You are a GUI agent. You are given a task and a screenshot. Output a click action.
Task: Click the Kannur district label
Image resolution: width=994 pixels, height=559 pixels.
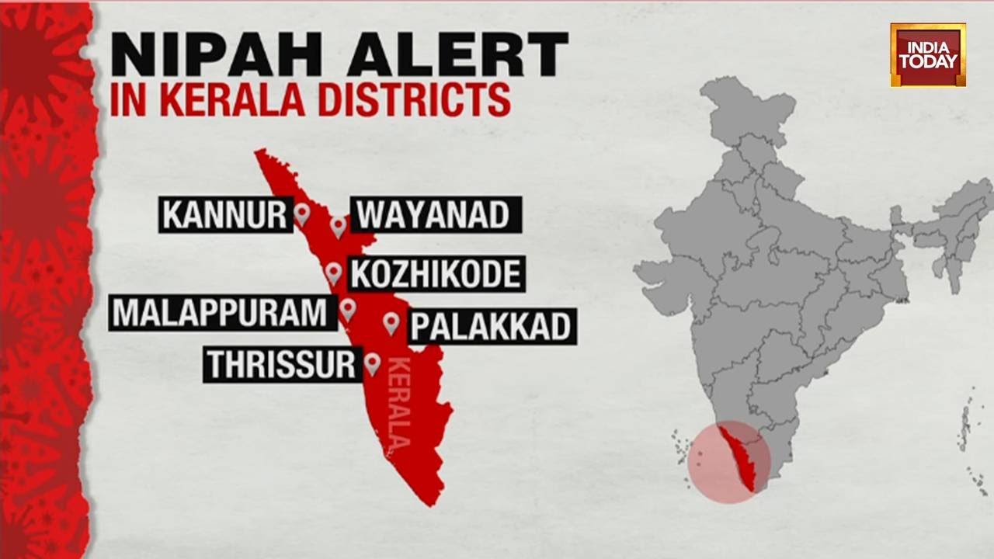pyautogui.click(x=224, y=215)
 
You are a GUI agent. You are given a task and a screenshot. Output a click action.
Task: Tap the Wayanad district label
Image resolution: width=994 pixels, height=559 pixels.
pyautogui.click(x=435, y=215)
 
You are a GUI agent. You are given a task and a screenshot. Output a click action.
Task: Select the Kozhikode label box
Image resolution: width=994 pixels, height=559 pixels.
pyautogui.click(x=435, y=274)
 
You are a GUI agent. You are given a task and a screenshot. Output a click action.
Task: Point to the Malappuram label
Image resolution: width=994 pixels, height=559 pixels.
pyautogui.click(x=221, y=312)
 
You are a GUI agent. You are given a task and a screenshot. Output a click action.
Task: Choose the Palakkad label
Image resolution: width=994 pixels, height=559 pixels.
pyautogui.click(x=491, y=327)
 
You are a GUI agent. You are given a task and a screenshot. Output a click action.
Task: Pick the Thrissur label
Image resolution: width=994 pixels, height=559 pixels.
pyautogui.click(x=281, y=364)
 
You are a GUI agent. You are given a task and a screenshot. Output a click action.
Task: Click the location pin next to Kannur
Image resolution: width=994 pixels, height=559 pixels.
pyautogui.click(x=301, y=214)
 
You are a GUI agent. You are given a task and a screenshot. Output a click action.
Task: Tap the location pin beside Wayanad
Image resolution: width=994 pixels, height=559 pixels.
pyautogui.click(x=337, y=226)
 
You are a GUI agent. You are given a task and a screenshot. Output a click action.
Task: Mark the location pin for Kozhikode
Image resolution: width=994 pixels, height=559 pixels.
pyautogui.click(x=333, y=273)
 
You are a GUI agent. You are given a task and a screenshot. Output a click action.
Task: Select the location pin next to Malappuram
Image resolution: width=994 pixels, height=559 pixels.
pyautogui.click(x=347, y=310)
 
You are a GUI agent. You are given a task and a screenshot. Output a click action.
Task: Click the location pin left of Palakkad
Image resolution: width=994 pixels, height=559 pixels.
pyautogui.click(x=391, y=323)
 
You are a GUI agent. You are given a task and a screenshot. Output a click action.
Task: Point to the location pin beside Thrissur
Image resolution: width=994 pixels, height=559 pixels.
pyautogui.click(x=372, y=363)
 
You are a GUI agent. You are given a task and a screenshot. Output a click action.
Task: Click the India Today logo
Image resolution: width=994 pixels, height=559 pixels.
pyautogui.click(x=928, y=54)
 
